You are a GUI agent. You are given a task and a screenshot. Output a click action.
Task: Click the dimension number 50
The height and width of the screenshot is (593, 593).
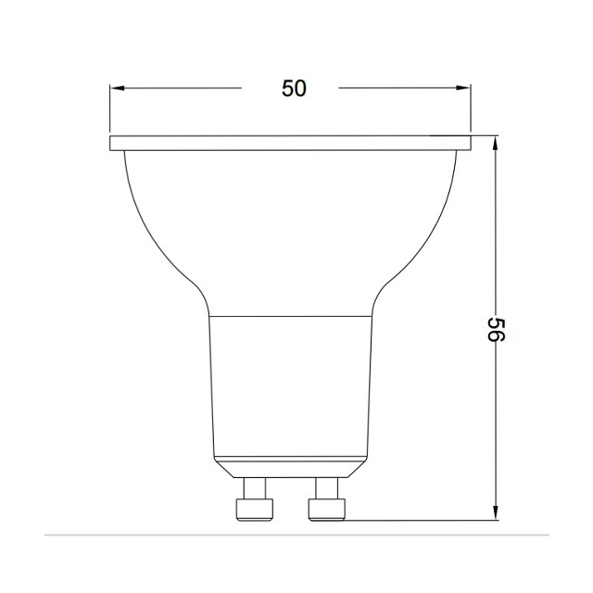(x=293, y=88)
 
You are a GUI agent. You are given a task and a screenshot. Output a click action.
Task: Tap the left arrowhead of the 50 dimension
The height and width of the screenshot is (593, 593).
(x=116, y=88)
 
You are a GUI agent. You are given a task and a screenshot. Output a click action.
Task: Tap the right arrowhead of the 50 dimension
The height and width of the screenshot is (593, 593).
(x=465, y=88)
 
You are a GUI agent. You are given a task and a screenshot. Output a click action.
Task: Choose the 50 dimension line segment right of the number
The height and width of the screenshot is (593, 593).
(x=398, y=88)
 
